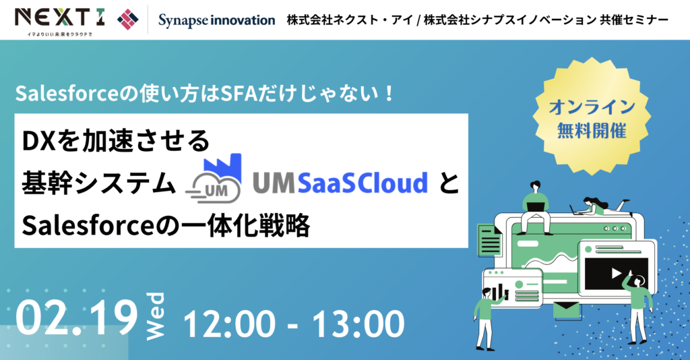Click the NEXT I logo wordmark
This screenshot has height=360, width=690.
tap(60, 18)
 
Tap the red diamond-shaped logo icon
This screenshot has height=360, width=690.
tap(127, 19)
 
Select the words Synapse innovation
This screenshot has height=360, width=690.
tap(216, 20)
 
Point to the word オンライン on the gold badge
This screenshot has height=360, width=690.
tap(592, 107)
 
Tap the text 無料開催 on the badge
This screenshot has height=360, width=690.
tap(592, 131)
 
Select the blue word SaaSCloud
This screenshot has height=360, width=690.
tap(363, 183)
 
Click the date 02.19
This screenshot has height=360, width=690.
tap(76, 317)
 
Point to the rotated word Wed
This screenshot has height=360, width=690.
tap(155, 316)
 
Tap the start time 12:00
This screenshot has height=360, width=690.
tap(229, 324)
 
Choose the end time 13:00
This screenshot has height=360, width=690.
tap(358, 324)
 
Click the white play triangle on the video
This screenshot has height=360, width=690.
tap(616, 273)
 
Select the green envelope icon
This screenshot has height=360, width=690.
tap(567, 310)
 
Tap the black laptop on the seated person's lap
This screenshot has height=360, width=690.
tap(535, 206)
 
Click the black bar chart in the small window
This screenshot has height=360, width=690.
tap(499, 292)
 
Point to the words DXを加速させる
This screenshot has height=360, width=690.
tap(116, 141)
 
